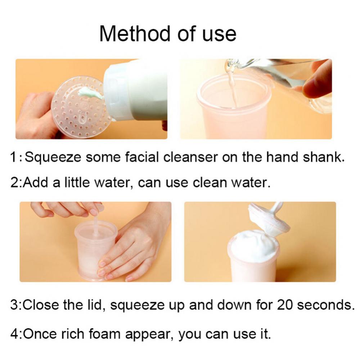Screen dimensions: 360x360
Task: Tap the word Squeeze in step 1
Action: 53,157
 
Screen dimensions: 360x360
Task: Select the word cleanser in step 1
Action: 190,157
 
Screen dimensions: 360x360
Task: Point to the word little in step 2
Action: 77,183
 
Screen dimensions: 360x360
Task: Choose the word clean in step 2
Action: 210,183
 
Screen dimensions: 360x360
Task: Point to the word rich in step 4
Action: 73,334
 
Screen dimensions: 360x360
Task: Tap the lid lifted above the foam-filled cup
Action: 269,220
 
